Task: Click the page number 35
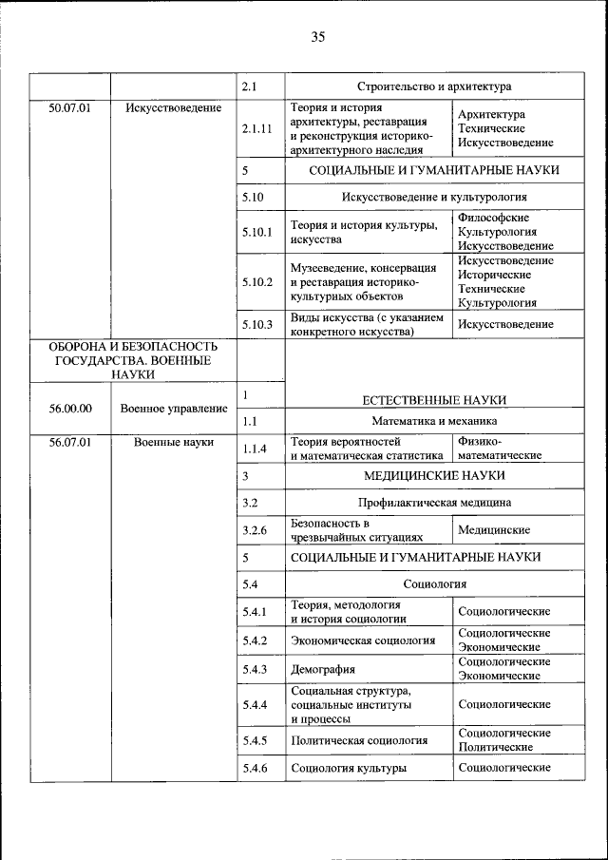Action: [x=317, y=37]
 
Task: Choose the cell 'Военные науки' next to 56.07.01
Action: [x=174, y=442]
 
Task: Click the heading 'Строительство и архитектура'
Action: [x=434, y=86]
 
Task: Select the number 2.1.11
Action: [x=257, y=128]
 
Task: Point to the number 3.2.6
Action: [x=255, y=529]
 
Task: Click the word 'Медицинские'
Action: [x=494, y=529]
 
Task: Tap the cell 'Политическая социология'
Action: [x=359, y=740]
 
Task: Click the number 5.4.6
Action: [x=255, y=768]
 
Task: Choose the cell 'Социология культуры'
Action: [x=349, y=768]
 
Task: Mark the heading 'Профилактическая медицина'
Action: [x=434, y=502]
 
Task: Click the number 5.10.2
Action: [x=257, y=282]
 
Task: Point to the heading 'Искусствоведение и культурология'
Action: [x=434, y=198]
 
